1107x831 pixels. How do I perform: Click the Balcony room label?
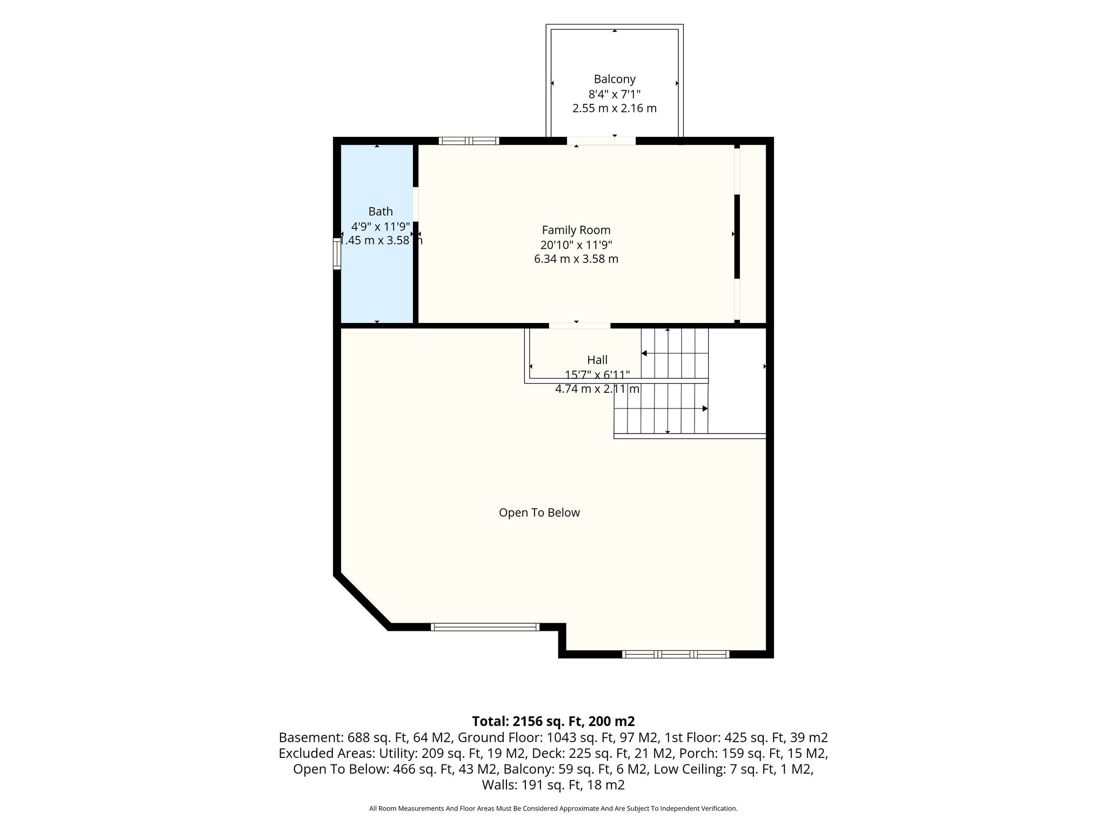pos(615,79)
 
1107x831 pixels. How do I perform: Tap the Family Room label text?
pos(576,230)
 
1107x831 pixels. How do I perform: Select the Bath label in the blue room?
pos(381,212)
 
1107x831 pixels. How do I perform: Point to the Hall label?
pos(597,360)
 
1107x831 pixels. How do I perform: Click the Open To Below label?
pos(539,512)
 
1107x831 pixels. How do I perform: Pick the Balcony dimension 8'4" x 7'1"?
pos(615,94)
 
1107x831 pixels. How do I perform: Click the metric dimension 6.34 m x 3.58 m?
pos(576,259)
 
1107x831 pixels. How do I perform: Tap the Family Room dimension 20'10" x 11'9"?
pos(576,245)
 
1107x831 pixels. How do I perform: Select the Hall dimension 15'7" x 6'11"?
pos(597,374)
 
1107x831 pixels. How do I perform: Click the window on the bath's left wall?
pos(337,253)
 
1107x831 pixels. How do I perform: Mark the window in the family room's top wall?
pos(469,141)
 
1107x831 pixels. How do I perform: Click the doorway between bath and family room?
pos(416,204)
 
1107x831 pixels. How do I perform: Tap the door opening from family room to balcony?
pos(601,141)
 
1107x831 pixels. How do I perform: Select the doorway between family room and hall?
pos(579,326)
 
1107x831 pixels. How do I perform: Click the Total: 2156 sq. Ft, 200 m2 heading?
pos(553,721)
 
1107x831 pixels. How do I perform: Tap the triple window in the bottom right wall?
pos(676,654)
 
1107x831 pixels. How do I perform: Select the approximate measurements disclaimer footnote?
pos(553,808)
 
